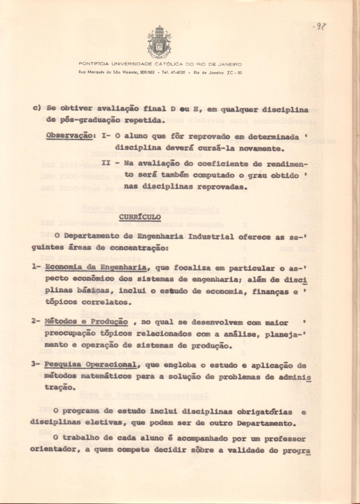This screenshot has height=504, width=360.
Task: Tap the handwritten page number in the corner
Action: (x=319, y=26)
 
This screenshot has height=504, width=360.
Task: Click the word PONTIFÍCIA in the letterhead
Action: (x=94, y=64)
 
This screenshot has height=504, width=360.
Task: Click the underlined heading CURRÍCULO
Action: (x=140, y=216)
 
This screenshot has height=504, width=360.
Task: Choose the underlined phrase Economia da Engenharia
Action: (x=96, y=267)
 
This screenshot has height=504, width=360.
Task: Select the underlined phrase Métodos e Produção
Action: (x=86, y=322)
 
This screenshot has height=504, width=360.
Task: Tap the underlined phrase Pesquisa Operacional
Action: (x=90, y=365)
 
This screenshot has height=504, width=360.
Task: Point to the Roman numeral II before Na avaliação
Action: (x=106, y=163)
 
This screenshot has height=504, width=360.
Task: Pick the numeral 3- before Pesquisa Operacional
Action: (x=36, y=364)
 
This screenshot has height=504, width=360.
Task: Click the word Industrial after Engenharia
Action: (x=211, y=237)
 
